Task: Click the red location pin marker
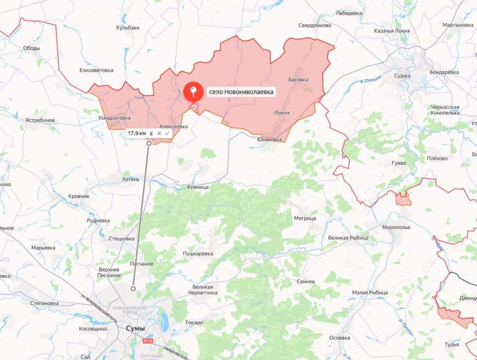tap(193, 92)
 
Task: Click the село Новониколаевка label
tap(241, 92)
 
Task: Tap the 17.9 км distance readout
tap(137, 133)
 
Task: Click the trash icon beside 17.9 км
tap(151, 133)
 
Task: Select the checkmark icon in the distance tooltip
tap(167, 133)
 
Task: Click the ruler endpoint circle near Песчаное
tap(133, 288)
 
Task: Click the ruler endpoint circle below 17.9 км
tap(149, 143)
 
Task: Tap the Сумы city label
tap(135, 329)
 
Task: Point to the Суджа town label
tap(401, 76)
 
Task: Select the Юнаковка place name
tap(269, 140)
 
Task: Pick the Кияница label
tap(199, 187)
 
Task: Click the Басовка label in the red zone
tap(298, 80)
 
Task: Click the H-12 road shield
tap(147, 341)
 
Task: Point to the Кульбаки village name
tap(128, 28)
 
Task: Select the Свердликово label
tap(315, 25)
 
